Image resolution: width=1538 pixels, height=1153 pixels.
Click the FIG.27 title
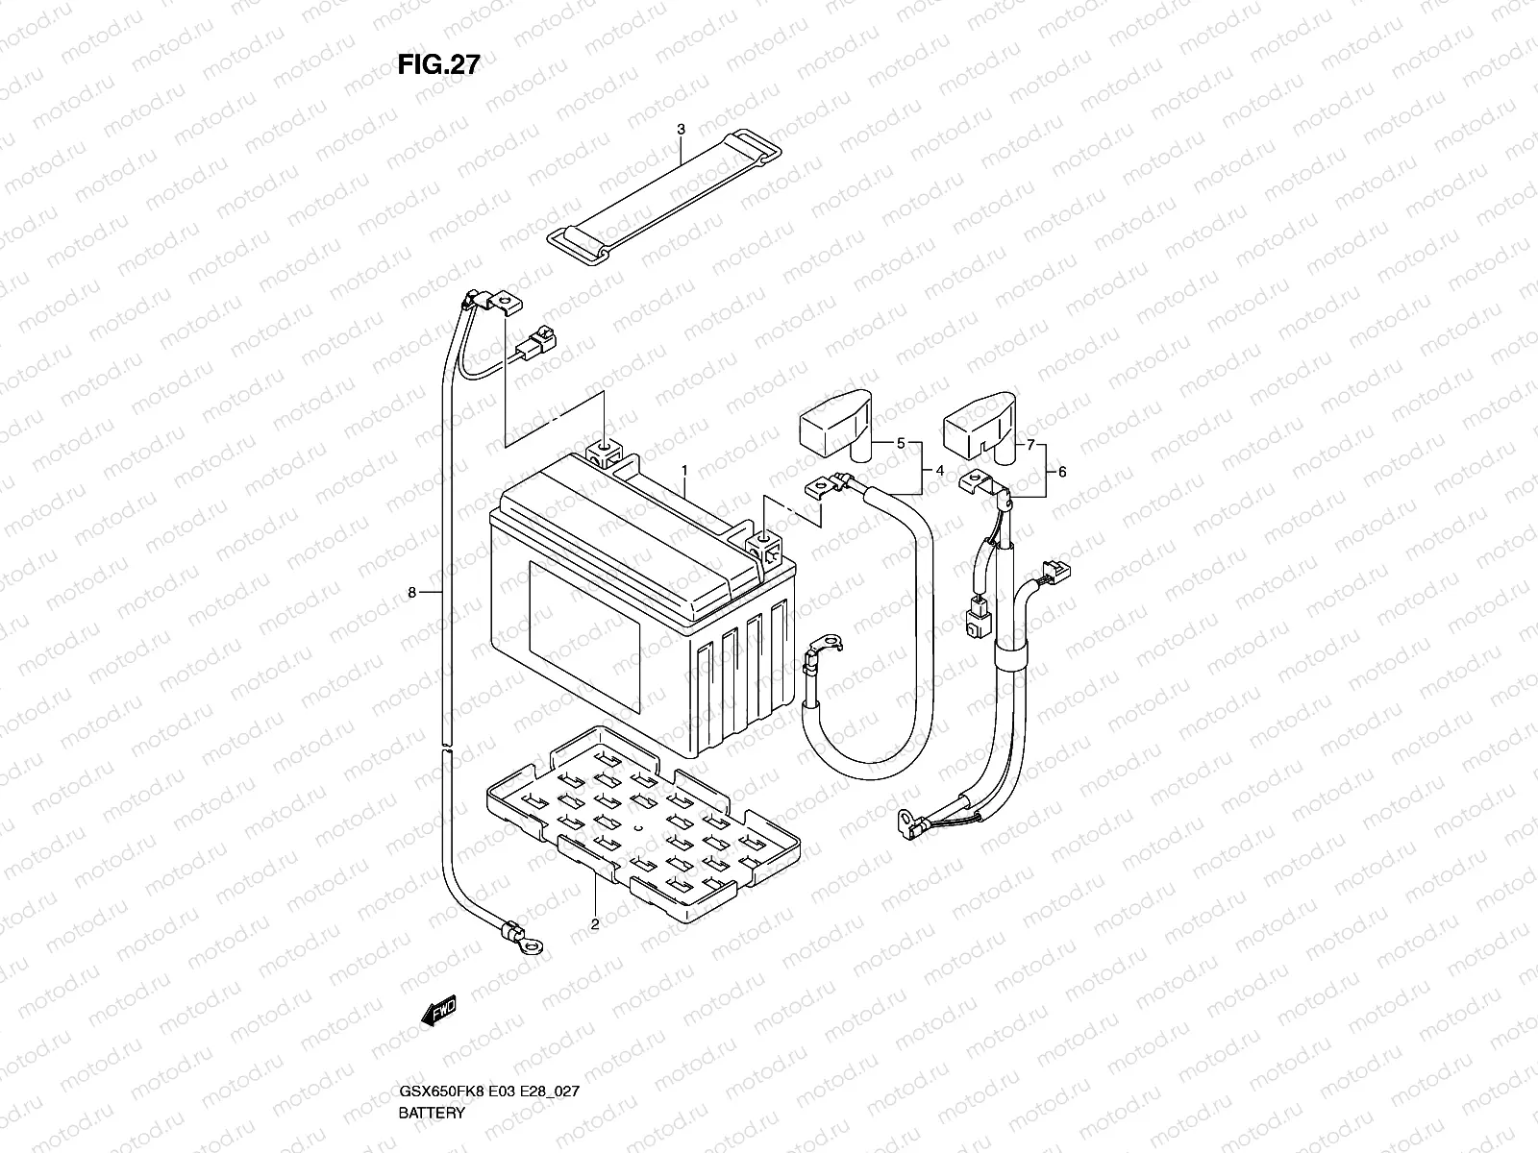coord(438,64)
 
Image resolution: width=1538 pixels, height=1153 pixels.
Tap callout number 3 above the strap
coord(682,130)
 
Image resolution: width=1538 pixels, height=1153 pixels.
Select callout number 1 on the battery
coord(684,471)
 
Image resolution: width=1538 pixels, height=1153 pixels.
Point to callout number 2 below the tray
coord(595,924)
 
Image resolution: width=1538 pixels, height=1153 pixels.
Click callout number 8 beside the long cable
coord(412,593)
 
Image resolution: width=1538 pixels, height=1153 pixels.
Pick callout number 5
coord(901,443)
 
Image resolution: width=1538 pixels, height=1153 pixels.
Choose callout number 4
coord(939,471)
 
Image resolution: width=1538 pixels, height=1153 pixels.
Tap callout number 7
coord(1030,445)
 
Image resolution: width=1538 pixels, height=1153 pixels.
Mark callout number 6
coord(1062,473)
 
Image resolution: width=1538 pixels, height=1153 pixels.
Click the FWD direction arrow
coord(439,1010)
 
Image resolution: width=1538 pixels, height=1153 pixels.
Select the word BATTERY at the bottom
coord(432,1113)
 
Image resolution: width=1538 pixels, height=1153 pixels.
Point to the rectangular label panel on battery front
coord(584,636)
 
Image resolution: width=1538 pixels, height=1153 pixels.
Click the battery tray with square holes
coord(643,823)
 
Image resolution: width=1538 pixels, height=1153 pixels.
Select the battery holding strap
coord(664,197)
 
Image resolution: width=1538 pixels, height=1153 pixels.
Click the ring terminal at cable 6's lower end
coord(908,824)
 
